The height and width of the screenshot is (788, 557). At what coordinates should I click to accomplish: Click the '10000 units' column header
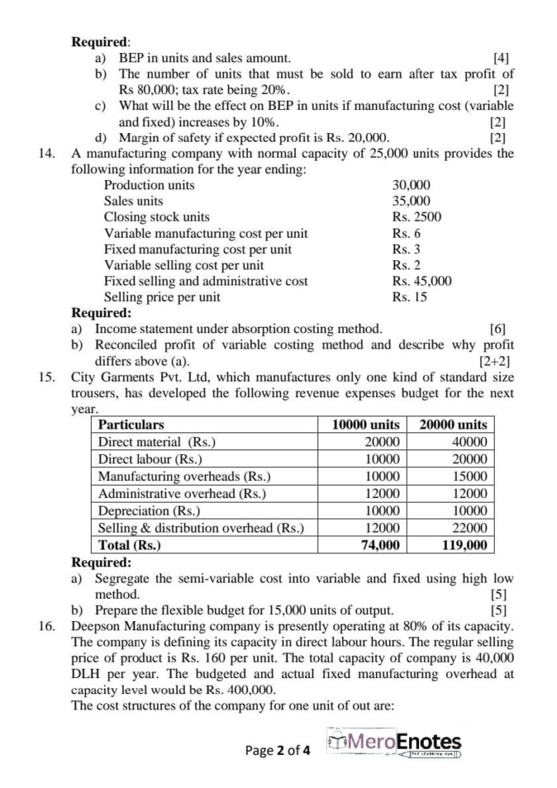tap(365, 425)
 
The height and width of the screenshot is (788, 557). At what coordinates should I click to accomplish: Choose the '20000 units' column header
tap(453, 425)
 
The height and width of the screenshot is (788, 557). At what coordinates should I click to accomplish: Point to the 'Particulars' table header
tap(131, 425)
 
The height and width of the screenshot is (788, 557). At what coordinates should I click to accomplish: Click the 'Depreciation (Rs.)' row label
tap(149, 511)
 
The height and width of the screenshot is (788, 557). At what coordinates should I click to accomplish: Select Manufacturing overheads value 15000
tap(471, 476)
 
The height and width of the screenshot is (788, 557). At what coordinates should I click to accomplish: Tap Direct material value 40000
tap(471, 442)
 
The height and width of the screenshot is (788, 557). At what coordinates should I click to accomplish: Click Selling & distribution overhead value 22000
tap(471, 528)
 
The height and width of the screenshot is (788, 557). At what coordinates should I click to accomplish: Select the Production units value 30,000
tap(411, 185)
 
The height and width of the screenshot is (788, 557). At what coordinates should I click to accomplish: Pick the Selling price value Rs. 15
tap(409, 297)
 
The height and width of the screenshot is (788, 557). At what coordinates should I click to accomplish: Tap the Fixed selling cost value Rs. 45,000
tap(421, 281)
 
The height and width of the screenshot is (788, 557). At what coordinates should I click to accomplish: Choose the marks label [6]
tap(498, 329)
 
